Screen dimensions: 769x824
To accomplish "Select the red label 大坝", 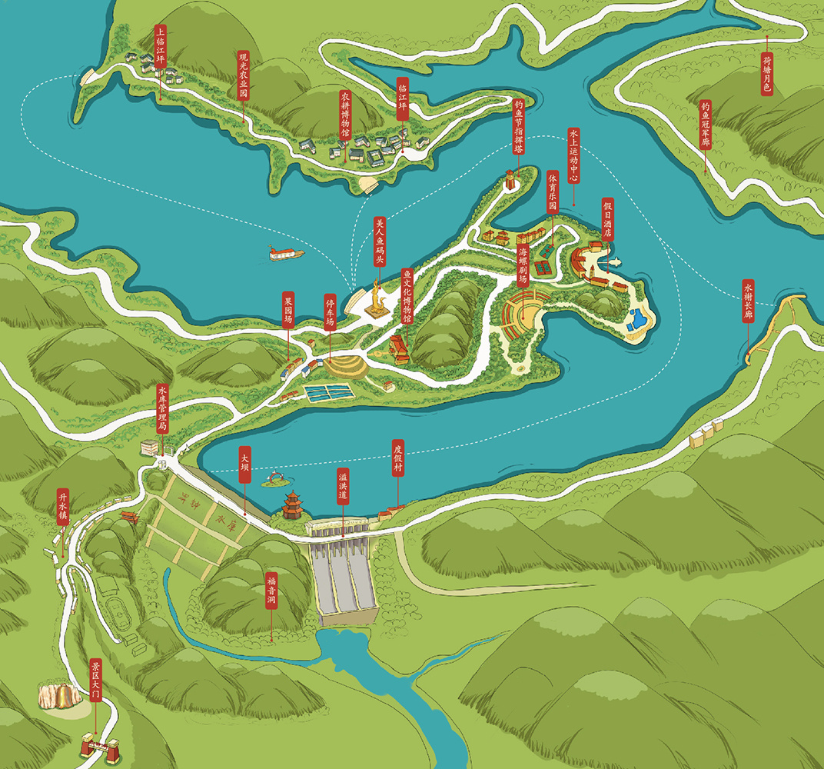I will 244,464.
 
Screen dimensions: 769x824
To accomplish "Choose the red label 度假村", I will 397,458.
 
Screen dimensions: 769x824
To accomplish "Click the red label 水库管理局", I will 162,411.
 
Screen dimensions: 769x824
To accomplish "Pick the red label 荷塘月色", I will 766,74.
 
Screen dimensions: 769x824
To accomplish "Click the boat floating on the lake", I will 286,252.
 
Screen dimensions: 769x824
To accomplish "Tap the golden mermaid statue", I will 377,301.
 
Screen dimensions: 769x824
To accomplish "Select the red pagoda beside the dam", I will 292,506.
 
